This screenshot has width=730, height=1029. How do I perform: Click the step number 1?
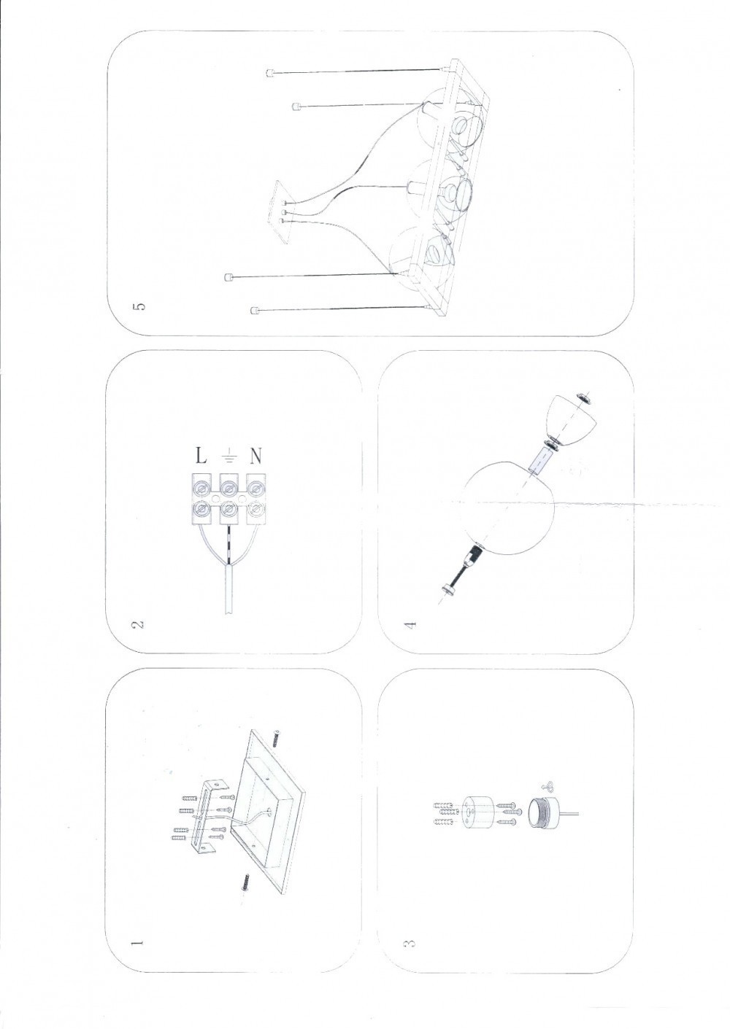[x=136, y=943]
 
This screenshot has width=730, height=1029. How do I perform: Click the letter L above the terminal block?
[x=201, y=457]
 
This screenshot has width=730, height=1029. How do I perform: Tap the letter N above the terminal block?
[x=256, y=457]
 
